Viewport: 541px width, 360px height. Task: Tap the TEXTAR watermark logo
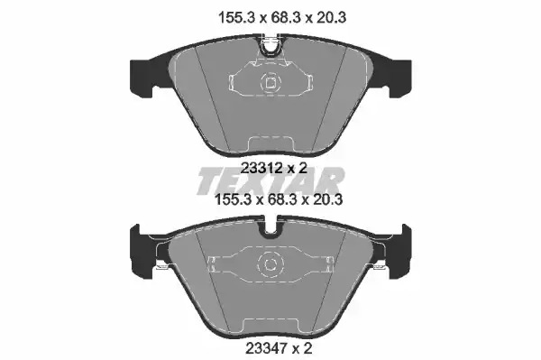(x=270, y=180)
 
